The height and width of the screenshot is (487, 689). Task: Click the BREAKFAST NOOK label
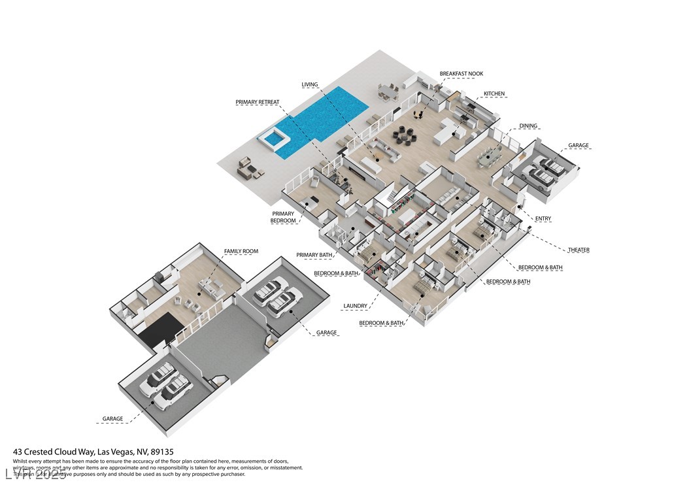tap(462, 74)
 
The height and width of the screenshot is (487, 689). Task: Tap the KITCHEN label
tap(494, 94)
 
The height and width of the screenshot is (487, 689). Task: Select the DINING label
tap(528, 126)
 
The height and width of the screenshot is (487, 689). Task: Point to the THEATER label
tap(579, 250)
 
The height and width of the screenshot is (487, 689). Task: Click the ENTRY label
tap(543, 218)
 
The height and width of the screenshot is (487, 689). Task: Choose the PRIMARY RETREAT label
tap(258, 103)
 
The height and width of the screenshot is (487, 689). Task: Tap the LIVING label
tap(310, 84)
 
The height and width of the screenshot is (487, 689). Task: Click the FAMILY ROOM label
tap(241, 251)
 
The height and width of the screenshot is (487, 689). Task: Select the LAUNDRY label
tap(355, 305)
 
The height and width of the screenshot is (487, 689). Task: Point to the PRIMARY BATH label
tap(314, 255)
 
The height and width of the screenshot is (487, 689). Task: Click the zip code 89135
tap(161, 452)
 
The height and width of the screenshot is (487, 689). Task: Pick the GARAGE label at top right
tap(578, 146)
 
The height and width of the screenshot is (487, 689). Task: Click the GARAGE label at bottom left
tap(112, 418)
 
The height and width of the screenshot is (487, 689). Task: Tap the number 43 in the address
tap(18, 452)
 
